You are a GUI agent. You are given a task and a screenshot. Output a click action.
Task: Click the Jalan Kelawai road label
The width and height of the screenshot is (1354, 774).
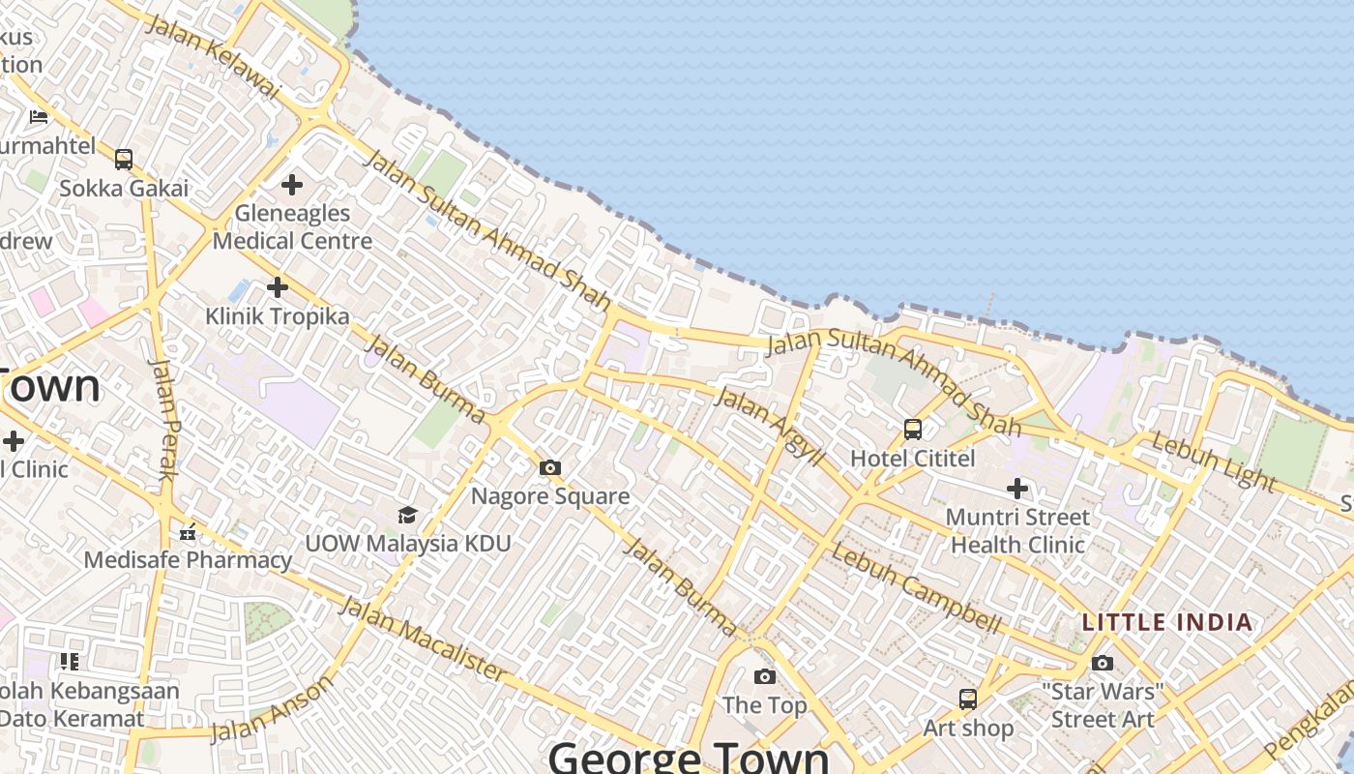[212, 55]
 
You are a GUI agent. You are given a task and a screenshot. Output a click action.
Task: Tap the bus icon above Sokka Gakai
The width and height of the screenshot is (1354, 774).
[124, 160]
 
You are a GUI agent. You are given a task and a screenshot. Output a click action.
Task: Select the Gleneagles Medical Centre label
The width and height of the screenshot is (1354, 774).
[292, 226]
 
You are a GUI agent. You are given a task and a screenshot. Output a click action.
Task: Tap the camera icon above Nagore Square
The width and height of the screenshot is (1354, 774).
[550, 468]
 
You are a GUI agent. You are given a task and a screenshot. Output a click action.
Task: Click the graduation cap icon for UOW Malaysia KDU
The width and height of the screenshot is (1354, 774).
[407, 515]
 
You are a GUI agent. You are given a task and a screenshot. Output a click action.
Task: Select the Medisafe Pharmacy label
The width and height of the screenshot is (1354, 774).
[188, 559]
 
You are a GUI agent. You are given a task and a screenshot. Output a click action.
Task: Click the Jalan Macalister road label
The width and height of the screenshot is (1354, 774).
[423, 639]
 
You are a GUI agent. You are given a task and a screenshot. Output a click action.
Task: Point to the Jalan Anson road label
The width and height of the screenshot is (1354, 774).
[272, 709]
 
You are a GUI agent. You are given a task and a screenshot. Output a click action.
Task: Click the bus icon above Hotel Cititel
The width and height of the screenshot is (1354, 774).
[912, 430]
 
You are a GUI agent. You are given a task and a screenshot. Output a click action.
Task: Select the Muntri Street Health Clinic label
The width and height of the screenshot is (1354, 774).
[1017, 531]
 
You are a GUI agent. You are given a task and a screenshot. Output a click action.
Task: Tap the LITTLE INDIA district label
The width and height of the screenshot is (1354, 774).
[1167, 622]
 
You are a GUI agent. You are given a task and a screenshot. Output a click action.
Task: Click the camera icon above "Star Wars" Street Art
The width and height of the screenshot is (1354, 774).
[1103, 664]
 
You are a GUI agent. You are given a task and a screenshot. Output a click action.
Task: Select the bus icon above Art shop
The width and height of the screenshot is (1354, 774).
[967, 699]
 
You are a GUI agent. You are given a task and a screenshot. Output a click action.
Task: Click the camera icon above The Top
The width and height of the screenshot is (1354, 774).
[765, 676]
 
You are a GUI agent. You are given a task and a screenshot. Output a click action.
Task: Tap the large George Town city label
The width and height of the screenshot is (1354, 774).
[690, 757]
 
